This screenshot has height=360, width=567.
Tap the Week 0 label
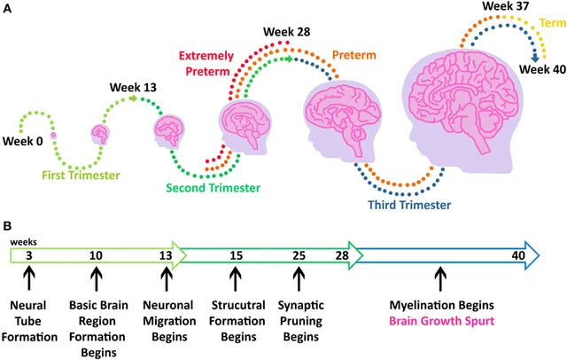(23, 141)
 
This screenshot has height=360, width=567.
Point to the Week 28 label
(285, 34)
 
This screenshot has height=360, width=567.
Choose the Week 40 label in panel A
(541, 70)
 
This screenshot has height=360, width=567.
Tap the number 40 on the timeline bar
(519, 255)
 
